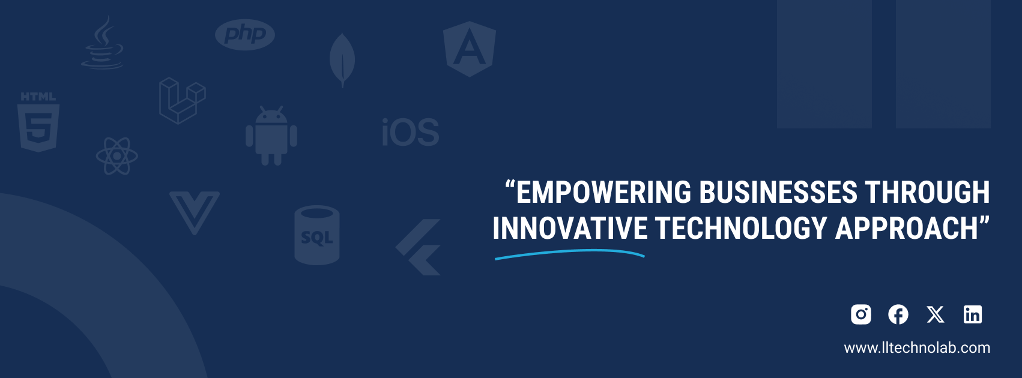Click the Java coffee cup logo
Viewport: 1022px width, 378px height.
point(103,43)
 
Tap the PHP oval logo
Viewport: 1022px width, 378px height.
point(245,35)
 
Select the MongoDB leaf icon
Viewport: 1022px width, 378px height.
point(342,60)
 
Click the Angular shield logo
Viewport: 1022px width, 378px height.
point(470,49)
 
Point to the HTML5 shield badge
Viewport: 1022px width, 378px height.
point(38,122)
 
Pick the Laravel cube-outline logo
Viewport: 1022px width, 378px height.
point(182,101)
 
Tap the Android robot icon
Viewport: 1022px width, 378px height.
point(271,136)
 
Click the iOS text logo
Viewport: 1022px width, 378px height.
point(411,132)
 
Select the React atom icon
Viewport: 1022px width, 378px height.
point(117,156)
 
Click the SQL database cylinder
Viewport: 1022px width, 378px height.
point(317,235)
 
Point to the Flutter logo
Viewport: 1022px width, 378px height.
point(419,247)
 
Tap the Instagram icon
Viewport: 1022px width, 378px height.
point(861,314)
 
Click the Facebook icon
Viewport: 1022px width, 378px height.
point(898,314)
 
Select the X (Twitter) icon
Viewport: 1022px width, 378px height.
point(936,314)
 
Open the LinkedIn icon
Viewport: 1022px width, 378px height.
point(973,314)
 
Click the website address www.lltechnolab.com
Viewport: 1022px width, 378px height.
point(917,348)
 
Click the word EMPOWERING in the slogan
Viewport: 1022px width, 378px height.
point(603,192)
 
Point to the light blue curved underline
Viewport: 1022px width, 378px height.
point(569,251)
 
